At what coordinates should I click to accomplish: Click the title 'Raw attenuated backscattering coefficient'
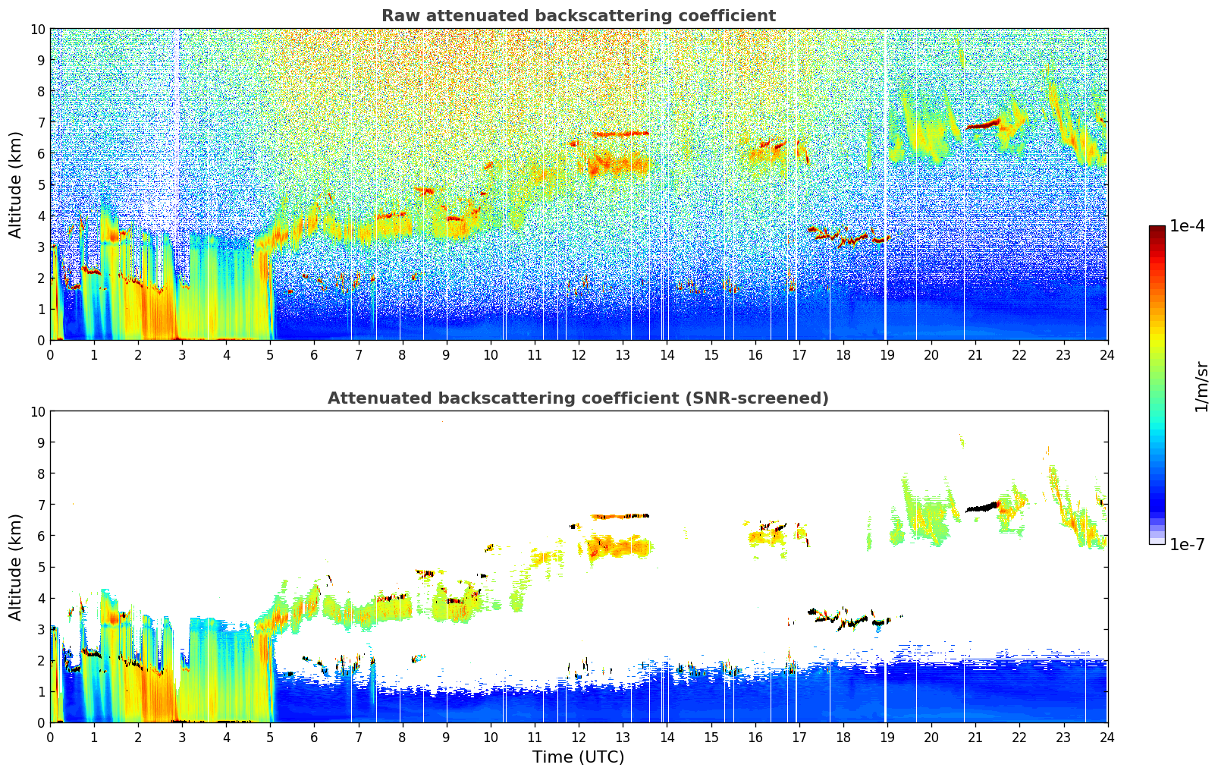coord(578,16)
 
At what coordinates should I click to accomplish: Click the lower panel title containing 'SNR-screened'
coord(578,398)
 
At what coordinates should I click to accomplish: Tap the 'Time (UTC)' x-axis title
coord(578,757)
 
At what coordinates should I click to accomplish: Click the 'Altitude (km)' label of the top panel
coord(16,184)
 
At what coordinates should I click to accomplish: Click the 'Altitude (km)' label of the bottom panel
coord(16,567)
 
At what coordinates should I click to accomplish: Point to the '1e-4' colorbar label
coord(1187,226)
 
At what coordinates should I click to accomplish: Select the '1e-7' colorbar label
coord(1187,544)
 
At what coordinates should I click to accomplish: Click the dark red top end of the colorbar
coord(1157,230)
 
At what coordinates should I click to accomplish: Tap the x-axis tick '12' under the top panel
coord(579,354)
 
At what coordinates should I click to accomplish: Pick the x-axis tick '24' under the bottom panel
coord(1107,737)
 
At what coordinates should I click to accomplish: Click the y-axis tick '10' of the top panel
coord(38,30)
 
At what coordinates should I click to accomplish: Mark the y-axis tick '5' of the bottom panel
coord(41,567)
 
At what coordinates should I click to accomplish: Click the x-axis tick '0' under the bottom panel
coord(50,737)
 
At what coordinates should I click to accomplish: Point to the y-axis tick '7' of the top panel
coord(41,122)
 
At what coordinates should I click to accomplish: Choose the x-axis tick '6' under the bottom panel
coord(314,737)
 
